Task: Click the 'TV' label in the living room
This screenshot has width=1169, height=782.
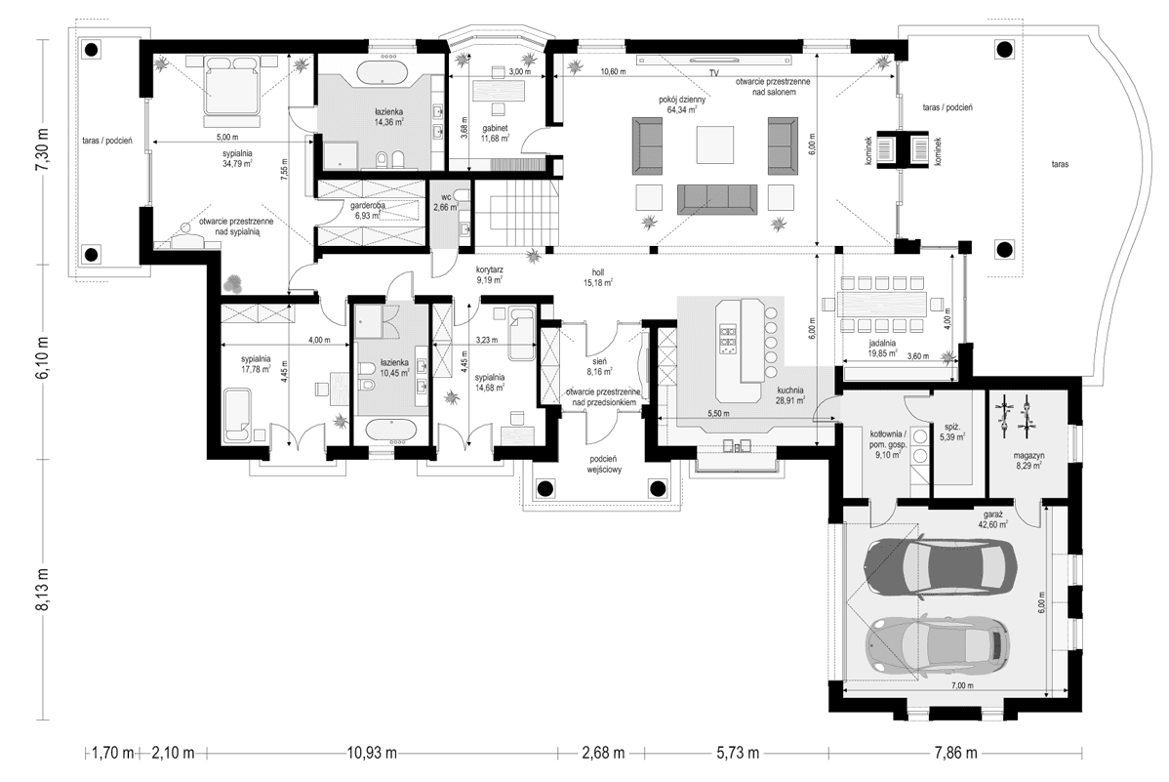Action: [713, 74]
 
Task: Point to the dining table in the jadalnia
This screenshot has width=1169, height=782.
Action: [882, 303]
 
